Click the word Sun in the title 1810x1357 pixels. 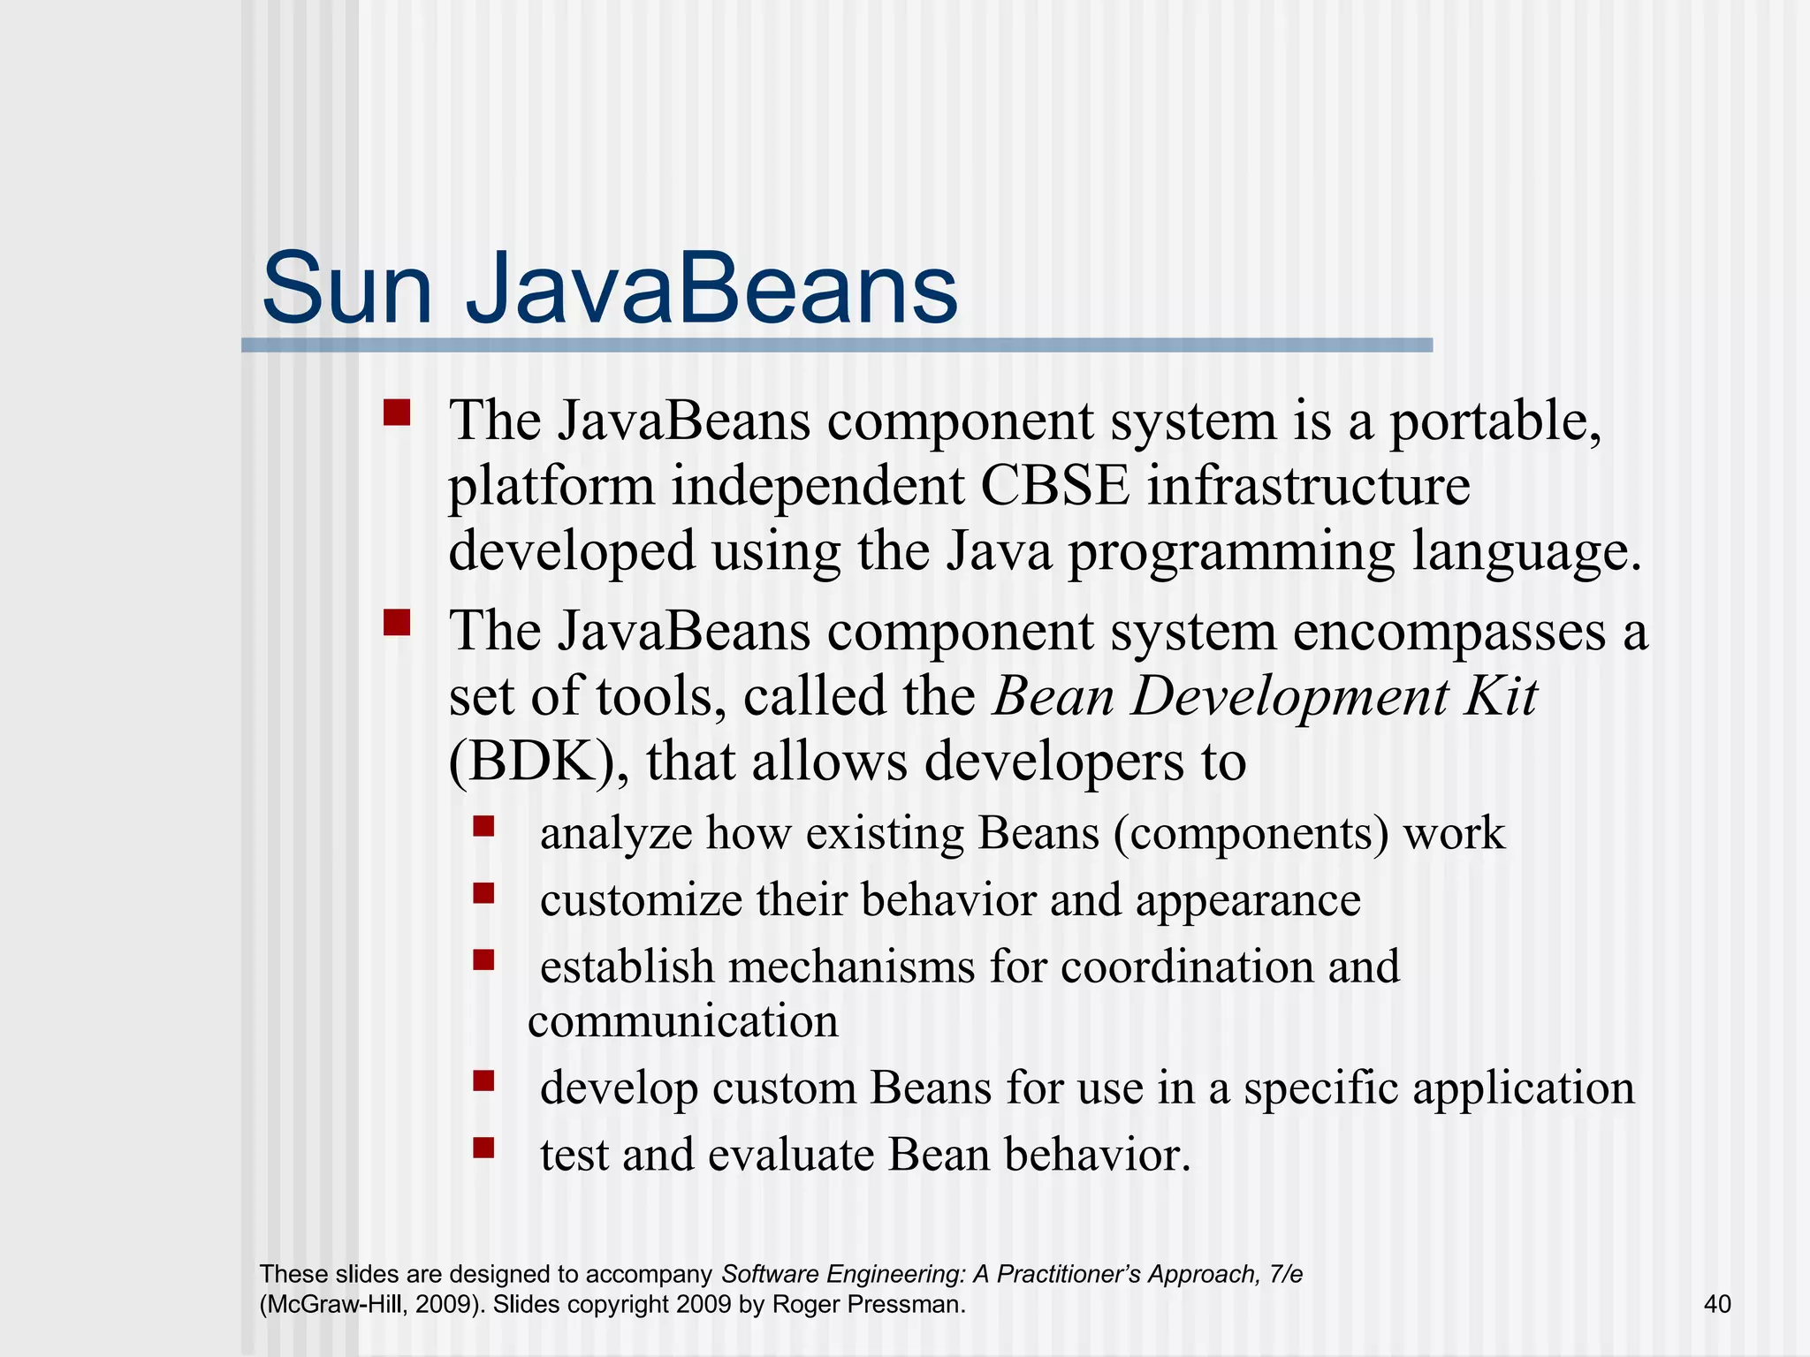coord(346,290)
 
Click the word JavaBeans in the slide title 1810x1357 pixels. coord(711,290)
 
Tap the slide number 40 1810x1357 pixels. coord(1716,1304)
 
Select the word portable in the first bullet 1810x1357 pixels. coord(1495,422)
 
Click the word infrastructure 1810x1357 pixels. coord(1309,486)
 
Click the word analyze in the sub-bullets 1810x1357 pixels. coord(616,834)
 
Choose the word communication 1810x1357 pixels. coord(683,1022)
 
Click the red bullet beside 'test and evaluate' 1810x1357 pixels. coord(483,1148)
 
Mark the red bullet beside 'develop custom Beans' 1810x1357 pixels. coord(483,1080)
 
